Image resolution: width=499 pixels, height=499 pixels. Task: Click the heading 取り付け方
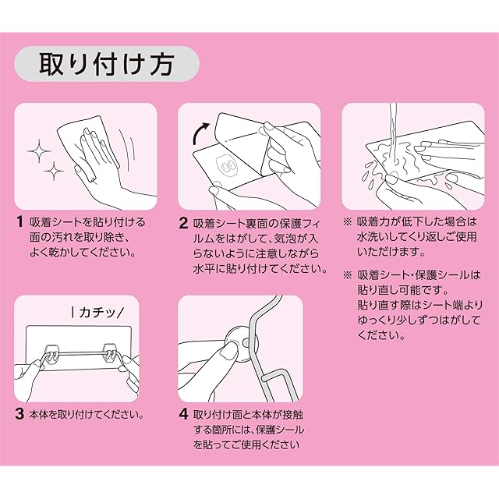(x=107, y=65)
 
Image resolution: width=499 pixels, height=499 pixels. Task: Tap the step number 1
(x=20, y=221)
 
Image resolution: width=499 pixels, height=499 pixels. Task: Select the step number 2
(x=183, y=223)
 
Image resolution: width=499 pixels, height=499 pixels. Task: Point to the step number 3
(x=19, y=414)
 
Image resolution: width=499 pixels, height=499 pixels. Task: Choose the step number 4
(x=184, y=414)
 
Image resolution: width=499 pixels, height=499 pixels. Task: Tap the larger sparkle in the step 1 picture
(x=39, y=150)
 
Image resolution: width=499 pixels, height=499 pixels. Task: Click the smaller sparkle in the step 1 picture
(x=54, y=171)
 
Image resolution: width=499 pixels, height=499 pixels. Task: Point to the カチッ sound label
(x=97, y=313)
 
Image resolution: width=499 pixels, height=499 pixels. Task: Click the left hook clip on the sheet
(x=51, y=353)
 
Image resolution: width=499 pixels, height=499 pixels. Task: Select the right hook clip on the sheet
(x=110, y=353)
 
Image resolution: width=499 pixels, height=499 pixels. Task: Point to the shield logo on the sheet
(x=227, y=165)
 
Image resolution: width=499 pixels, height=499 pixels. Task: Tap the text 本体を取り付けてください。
(x=87, y=414)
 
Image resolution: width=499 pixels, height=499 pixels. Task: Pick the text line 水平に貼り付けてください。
(x=260, y=269)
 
